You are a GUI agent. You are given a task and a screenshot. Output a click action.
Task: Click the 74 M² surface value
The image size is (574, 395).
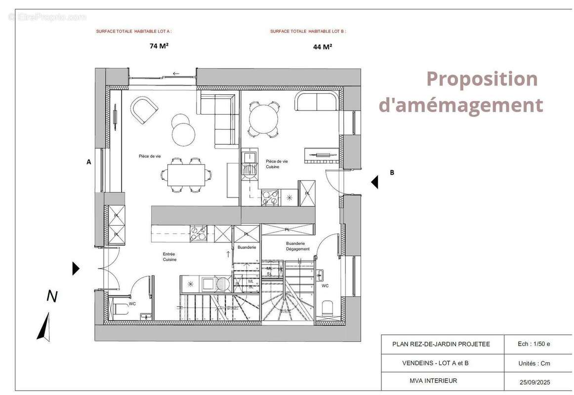point(159,46)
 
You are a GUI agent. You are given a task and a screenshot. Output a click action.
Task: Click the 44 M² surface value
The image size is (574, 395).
point(323,47)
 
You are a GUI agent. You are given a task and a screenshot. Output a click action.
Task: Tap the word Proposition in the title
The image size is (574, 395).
point(482,79)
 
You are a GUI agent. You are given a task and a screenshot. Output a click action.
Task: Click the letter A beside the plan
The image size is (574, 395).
point(89,161)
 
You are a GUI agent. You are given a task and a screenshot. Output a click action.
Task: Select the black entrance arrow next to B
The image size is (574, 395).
point(375,182)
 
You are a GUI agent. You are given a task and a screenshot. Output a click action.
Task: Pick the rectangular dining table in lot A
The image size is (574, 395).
point(186,175)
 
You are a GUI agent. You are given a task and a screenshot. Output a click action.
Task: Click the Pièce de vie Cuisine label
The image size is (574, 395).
point(276,164)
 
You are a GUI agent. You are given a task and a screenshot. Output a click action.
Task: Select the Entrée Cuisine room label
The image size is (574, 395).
point(169,257)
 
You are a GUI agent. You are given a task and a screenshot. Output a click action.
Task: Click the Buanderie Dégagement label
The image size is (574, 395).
point(297,246)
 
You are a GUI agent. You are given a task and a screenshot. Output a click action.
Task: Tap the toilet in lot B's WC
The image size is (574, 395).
point(327,309)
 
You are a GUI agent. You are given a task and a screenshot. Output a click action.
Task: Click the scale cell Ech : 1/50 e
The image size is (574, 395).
point(534,344)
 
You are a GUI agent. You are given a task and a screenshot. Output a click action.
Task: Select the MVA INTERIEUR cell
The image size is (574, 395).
point(433,381)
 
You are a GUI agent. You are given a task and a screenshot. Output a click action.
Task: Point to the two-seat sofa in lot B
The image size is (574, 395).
point(318,102)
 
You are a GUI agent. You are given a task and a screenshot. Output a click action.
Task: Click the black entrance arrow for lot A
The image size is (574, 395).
point(76,269)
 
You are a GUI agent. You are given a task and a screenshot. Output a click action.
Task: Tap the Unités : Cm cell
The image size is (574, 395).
point(534,363)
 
